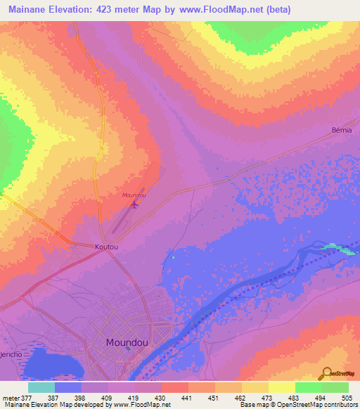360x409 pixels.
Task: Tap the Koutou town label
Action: [105, 247]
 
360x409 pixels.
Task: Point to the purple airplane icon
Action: [134, 204]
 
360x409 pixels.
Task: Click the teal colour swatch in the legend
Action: [41, 387]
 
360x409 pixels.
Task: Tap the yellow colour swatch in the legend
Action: [281, 387]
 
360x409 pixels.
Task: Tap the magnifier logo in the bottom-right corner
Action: [326, 372]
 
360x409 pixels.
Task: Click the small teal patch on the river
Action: [336, 247]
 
